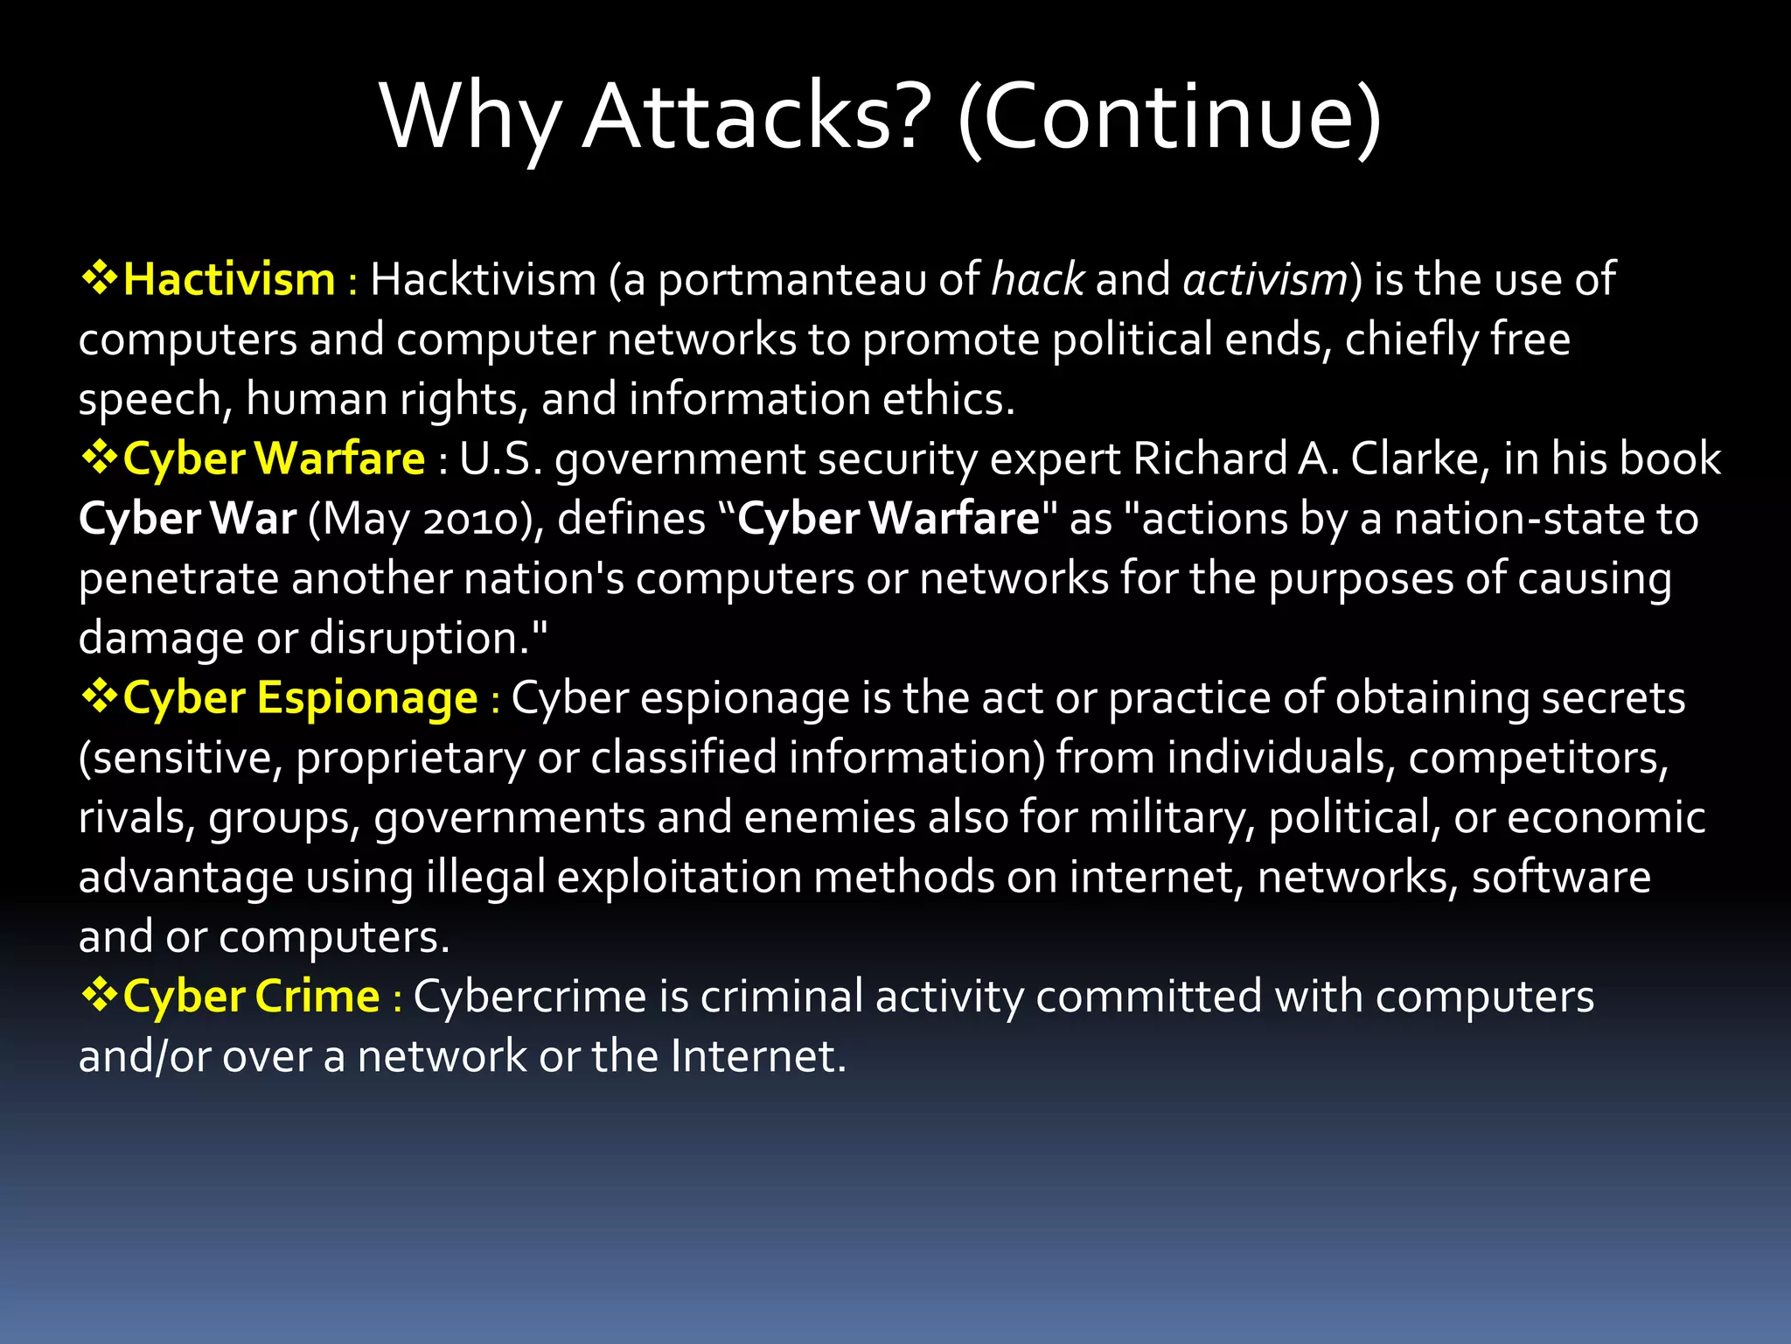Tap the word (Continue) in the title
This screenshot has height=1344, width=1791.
coord(1169,117)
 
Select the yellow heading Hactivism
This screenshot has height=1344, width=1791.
coord(229,280)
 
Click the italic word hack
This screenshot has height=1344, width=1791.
coord(1038,280)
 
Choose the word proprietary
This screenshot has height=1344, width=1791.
coord(410,759)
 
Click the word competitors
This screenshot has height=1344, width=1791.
coord(1537,759)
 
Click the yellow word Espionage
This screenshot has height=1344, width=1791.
coord(367,698)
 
